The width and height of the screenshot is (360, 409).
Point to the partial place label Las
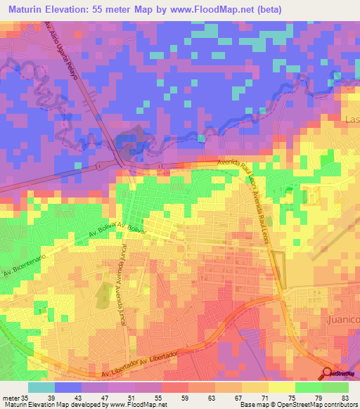(x=352, y=120)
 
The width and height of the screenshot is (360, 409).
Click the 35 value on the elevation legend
(x=23, y=397)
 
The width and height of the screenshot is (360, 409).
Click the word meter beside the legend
(x=9, y=397)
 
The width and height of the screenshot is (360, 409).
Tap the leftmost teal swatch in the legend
(x=41, y=387)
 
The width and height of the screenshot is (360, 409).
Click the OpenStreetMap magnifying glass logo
(x=328, y=373)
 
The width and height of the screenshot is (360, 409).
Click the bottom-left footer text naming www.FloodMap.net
(x=84, y=405)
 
